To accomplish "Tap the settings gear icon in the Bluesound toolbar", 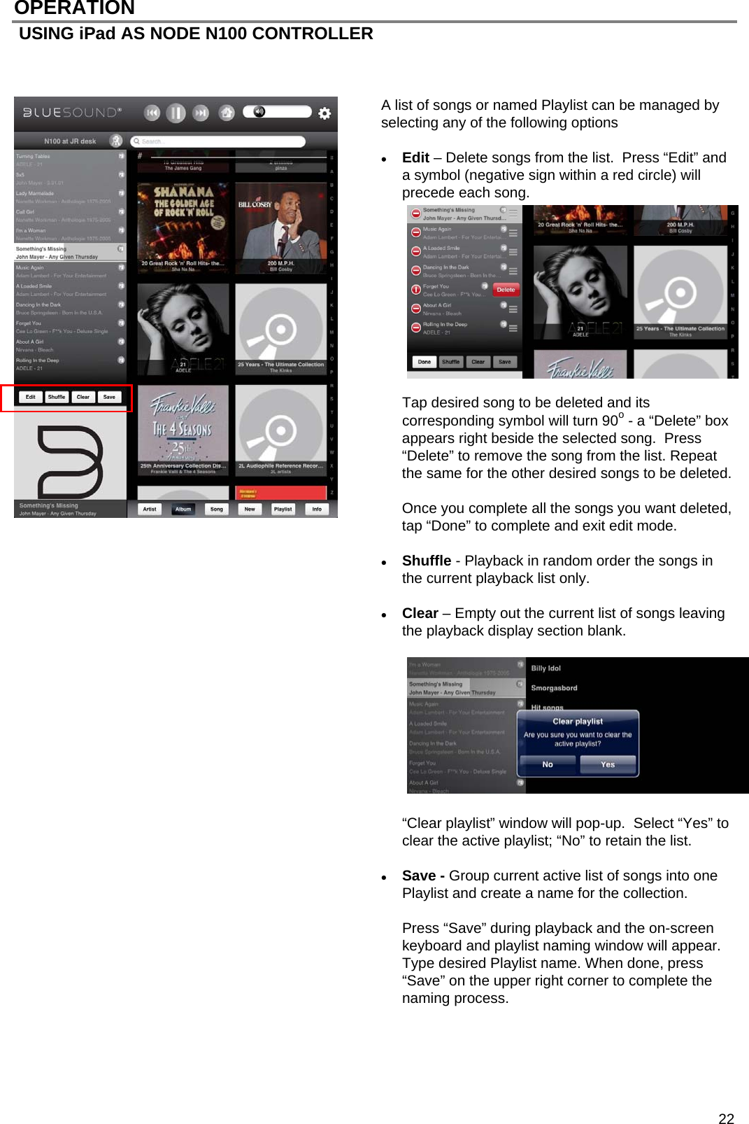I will (x=324, y=113).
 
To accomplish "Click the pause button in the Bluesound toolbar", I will (x=176, y=113).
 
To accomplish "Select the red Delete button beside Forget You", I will (x=506, y=290).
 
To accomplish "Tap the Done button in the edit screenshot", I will (x=425, y=362).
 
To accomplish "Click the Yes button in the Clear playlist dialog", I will (x=608, y=764).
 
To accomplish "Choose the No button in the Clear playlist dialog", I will (x=548, y=764).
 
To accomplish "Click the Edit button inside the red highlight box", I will (x=31, y=397).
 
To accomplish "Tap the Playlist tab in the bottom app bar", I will (x=283, y=509).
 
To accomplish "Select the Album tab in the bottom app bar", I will (x=183, y=509).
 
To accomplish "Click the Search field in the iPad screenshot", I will (x=218, y=141).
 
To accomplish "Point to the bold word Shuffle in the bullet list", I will (x=426, y=561).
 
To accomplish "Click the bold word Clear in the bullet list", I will (x=420, y=613).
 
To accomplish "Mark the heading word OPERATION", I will (x=74, y=8).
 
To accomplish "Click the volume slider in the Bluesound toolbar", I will (x=277, y=112).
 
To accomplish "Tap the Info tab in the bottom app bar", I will (x=317, y=509).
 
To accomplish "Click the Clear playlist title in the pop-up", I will (x=578, y=721).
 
